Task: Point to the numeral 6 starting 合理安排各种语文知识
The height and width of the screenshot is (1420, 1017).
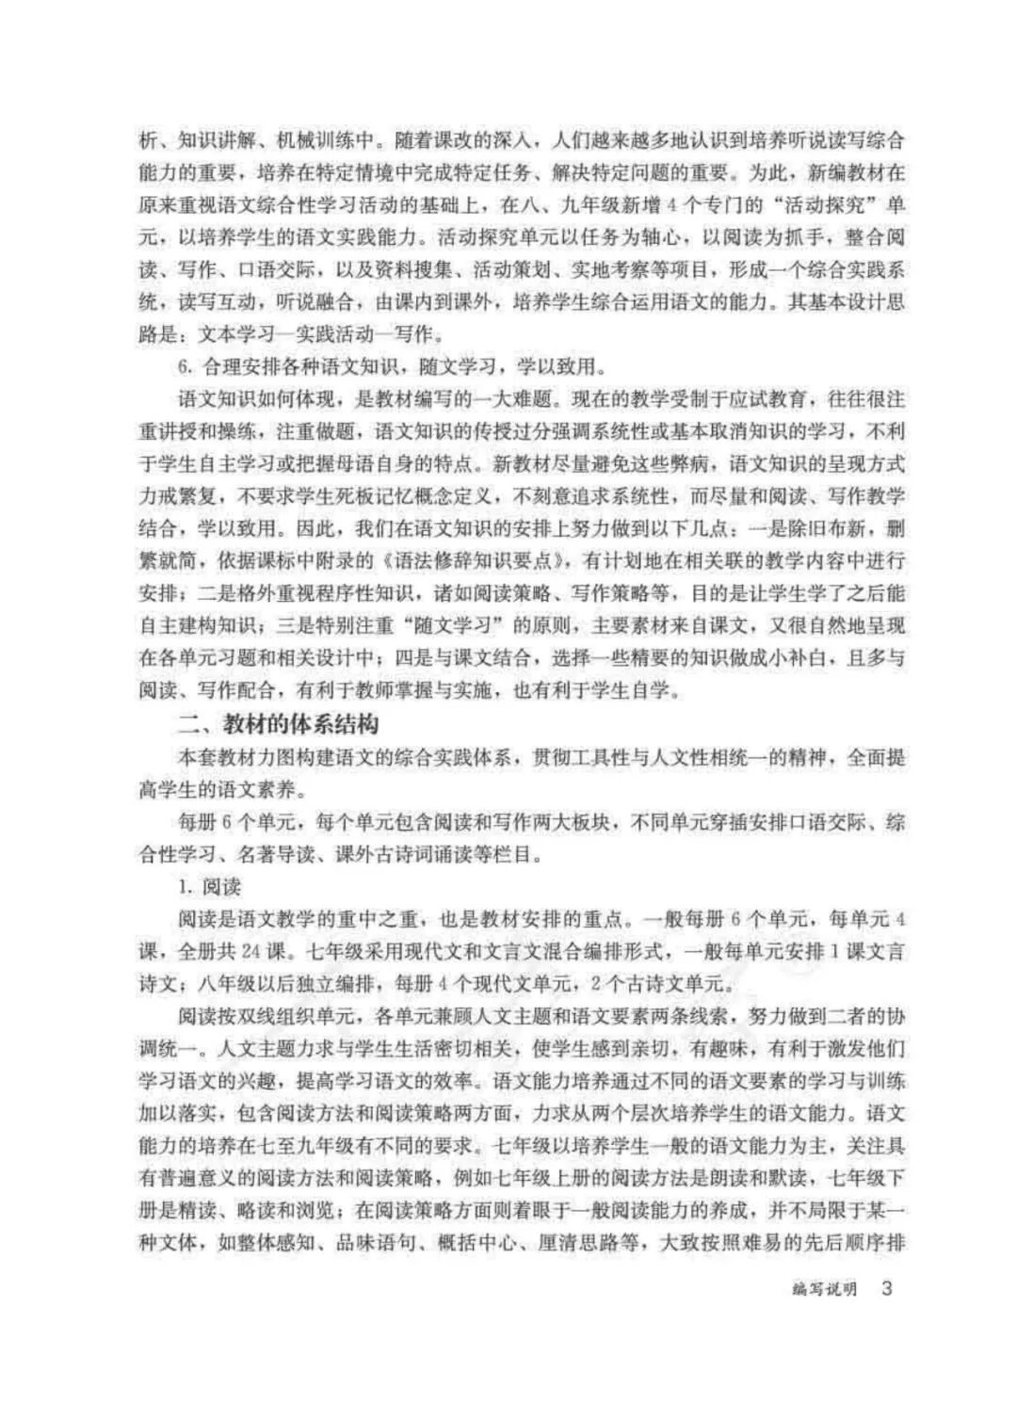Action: (185, 365)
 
